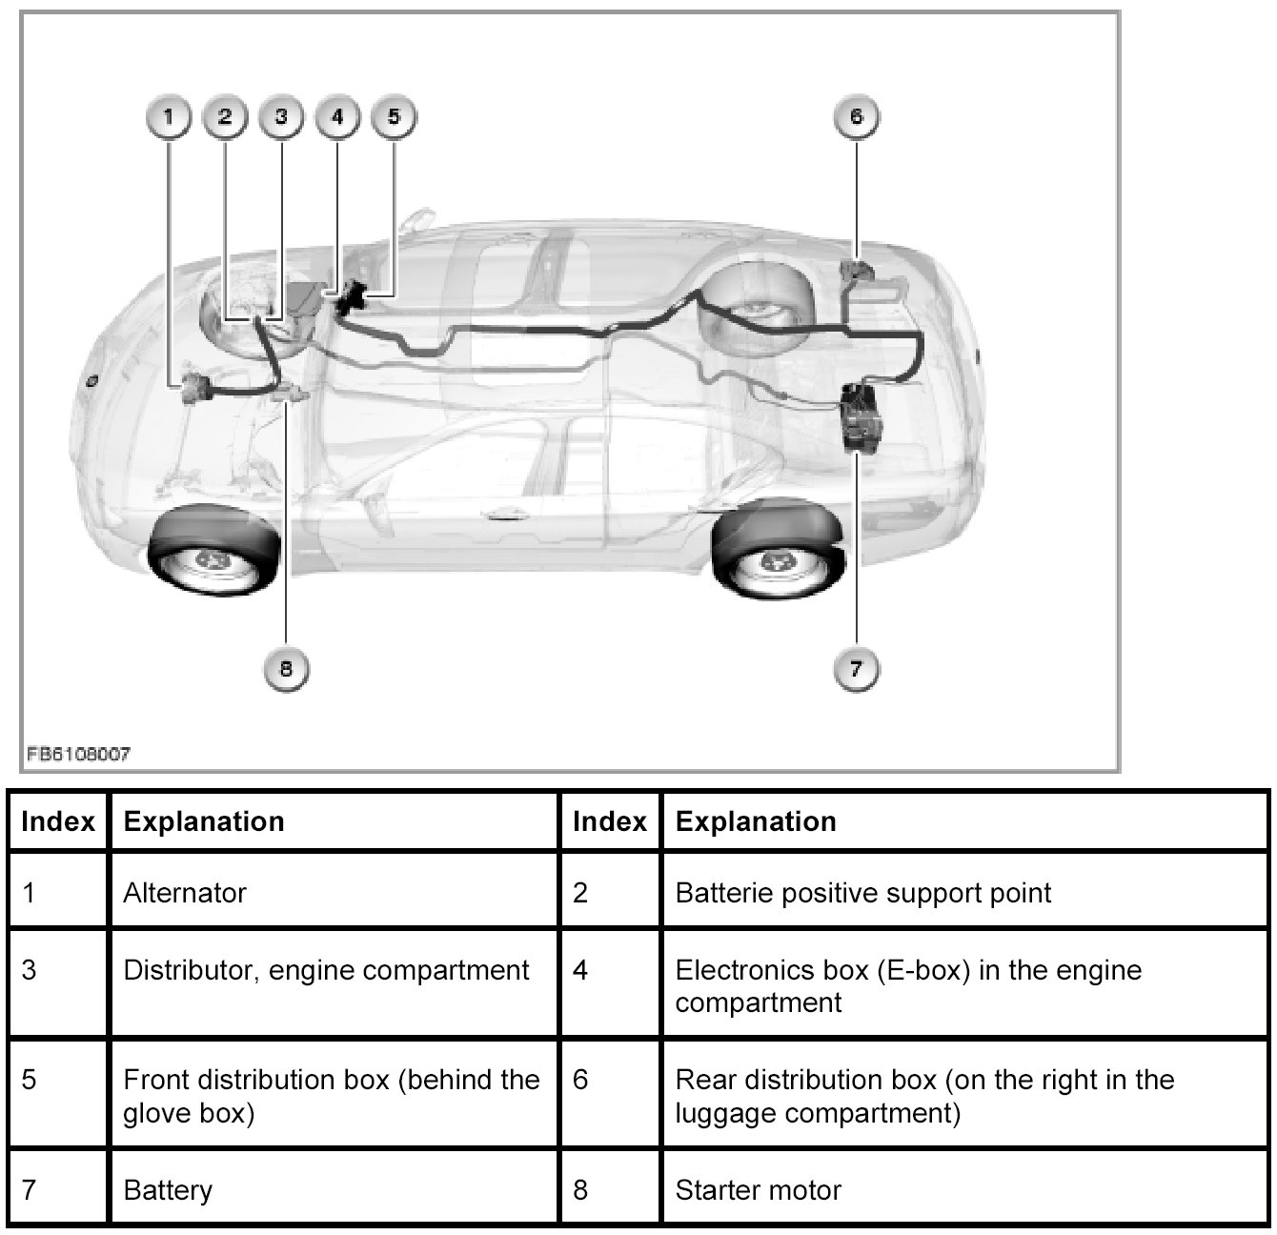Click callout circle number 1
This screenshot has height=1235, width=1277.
tap(169, 117)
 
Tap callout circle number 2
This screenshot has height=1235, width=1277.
tap(225, 117)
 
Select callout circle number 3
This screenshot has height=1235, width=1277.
tap(281, 117)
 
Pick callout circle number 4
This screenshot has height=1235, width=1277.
tap(337, 117)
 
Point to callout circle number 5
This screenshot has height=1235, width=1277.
tap(394, 117)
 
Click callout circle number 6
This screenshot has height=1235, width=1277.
tap(856, 117)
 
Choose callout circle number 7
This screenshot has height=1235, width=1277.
tap(856, 669)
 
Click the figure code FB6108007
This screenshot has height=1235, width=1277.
tap(78, 754)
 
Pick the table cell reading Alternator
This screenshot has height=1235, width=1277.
tap(185, 893)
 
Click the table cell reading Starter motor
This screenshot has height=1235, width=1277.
tap(759, 1190)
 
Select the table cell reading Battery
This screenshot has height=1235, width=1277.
tap(168, 1190)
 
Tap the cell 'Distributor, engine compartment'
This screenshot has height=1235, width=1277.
tap(326, 971)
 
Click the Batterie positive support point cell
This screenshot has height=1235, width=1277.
tap(862, 893)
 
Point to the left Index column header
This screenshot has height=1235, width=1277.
tap(58, 821)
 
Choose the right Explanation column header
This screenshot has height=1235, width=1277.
tap(756, 821)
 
